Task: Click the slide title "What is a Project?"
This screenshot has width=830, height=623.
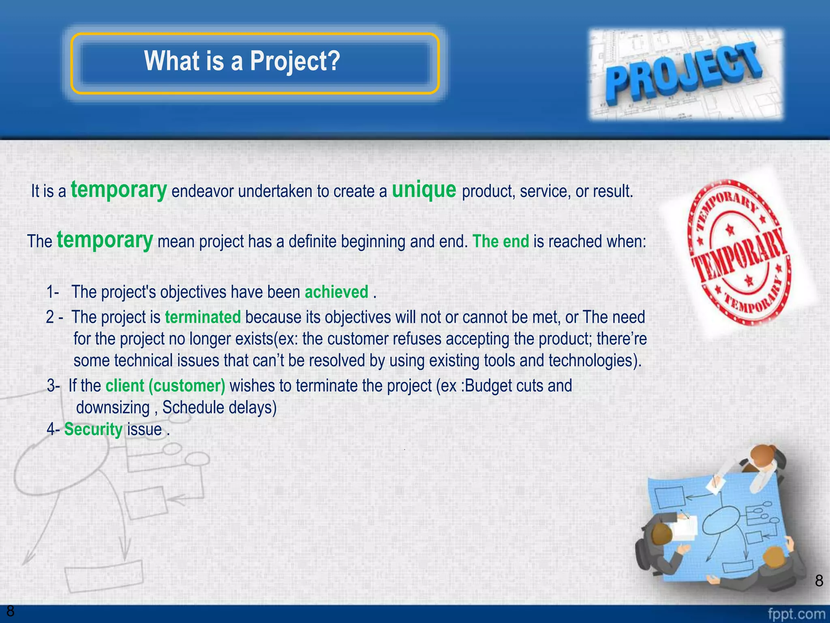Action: tap(242, 61)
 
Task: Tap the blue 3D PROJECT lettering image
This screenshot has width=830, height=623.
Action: tap(686, 75)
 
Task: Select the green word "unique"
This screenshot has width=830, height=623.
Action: tap(424, 190)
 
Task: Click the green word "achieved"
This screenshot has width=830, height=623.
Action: tap(336, 292)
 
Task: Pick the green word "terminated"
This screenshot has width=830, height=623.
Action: tap(203, 317)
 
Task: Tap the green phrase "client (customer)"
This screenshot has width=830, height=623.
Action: tap(165, 386)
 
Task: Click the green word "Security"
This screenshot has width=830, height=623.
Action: tap(93, 429)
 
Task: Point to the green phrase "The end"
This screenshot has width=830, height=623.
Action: tap(501, 242)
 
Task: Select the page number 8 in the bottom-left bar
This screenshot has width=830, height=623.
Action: tap(10, 611)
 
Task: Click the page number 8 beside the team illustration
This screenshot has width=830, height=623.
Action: tap(819, 581)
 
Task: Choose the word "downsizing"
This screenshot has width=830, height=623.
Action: tap(113, 408)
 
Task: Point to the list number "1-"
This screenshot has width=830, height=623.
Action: tap(53, 292)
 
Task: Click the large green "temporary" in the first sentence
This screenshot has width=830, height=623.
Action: tap(119, 190)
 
